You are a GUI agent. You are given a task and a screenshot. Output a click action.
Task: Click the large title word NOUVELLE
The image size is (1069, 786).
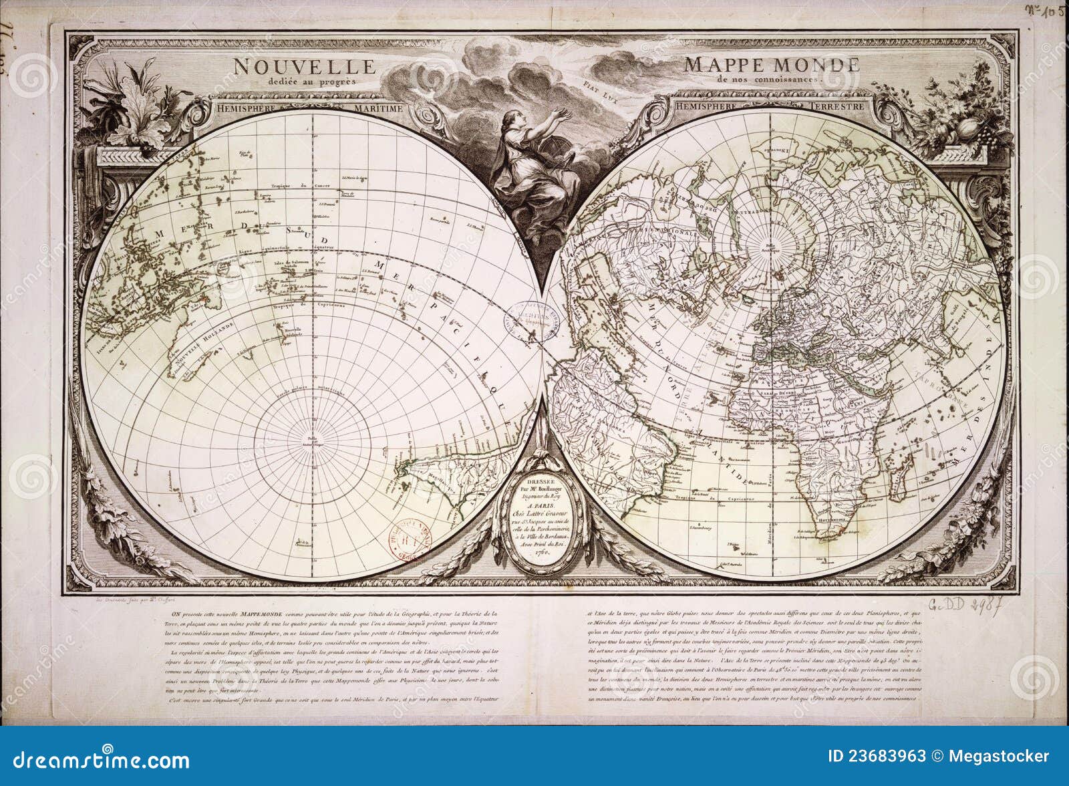point(304,66)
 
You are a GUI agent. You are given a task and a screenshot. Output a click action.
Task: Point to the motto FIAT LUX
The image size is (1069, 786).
point(596,86)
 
